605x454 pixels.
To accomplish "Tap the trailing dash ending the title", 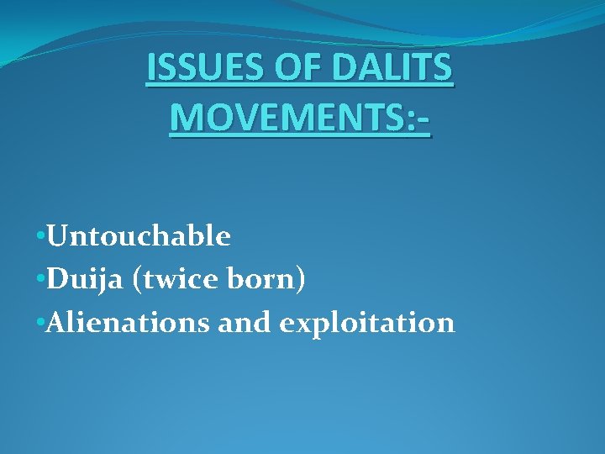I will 422,121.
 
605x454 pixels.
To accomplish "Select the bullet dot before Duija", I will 40,281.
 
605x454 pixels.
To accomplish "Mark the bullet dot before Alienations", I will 40,324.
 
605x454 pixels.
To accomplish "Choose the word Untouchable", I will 139,237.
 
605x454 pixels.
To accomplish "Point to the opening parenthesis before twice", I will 136,281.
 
